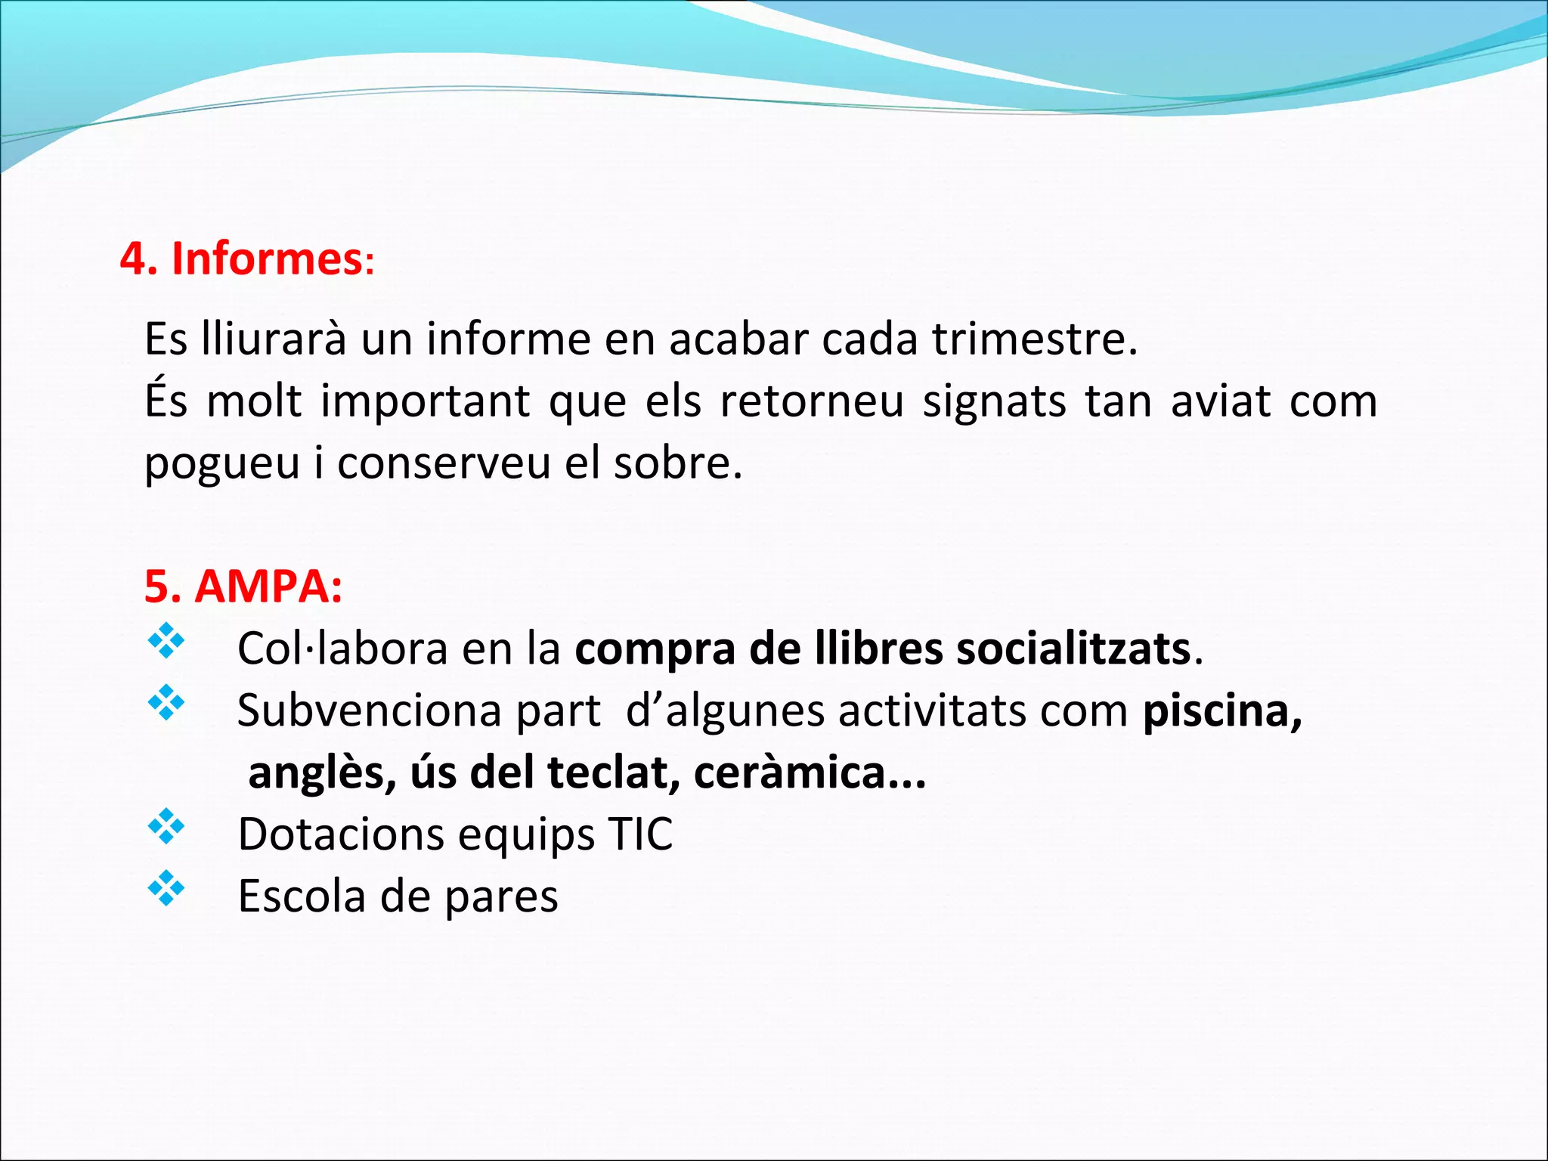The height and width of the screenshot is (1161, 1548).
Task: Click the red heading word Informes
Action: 267,259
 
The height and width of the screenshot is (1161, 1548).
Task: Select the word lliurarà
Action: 274,339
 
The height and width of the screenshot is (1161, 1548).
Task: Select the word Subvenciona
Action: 370,711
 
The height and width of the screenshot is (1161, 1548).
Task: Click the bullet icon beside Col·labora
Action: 166,642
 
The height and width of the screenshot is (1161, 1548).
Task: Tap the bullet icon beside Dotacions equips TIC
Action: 166,828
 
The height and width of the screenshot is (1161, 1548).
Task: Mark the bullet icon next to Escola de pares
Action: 166,890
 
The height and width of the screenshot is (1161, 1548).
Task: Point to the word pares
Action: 501,897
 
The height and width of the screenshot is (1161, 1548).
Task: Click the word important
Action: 425,401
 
